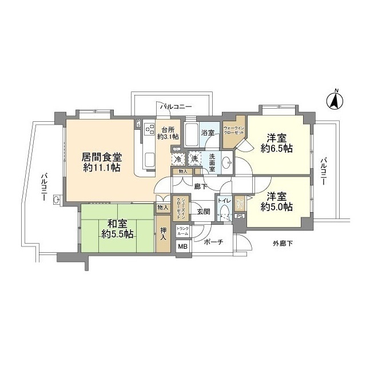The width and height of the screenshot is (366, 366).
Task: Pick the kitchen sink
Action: pyautogui.click(x=150, y=157)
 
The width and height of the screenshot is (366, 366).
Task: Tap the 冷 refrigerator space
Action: pyautogui.click(x=179, y=158)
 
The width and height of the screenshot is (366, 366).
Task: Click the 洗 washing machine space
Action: pyautogui.click(x=195, y=158)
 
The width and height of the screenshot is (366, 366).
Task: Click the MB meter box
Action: pyautogui.click(x=183, y=246)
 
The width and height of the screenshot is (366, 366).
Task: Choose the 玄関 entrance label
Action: pyautogui.click(x=203, y=210)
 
